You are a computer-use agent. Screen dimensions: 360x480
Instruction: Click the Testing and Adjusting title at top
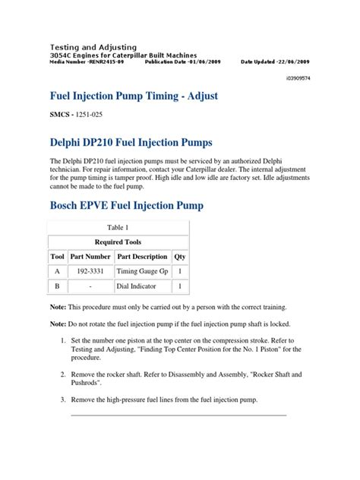pos(93,46)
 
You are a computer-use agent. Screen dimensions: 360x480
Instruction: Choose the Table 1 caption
pos(118,226)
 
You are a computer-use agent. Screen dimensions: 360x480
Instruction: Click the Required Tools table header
pos(118,242)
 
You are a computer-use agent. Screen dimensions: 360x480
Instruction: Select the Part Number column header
pos(90,257)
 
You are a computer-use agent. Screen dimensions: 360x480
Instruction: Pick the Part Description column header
pos(142,257)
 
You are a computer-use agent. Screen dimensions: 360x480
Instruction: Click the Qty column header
pos(179,257)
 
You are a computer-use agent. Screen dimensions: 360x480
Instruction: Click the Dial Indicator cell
pos(137,287)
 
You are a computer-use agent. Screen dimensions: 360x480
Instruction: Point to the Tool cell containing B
pos(57,287)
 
